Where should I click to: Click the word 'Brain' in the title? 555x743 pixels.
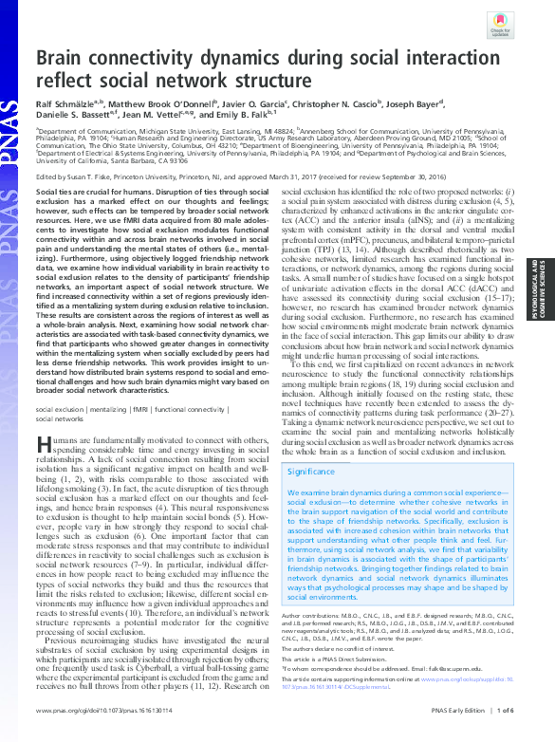point(65,61)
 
